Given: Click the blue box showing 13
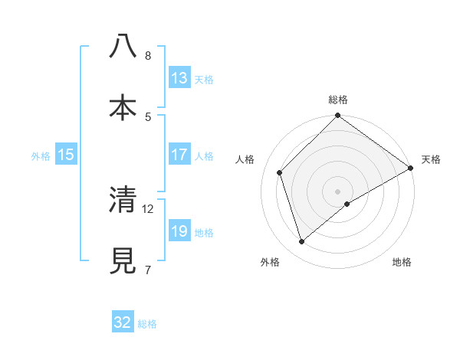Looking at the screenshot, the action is [179, 77].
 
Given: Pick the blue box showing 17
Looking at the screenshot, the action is [179, 155].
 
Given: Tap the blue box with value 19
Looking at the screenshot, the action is [179, 231].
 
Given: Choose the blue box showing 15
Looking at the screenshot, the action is [66, 155].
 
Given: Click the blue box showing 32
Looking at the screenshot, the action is [123, 322].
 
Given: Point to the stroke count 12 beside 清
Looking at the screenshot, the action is [148, 208].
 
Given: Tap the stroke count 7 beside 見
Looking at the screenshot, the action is [147, 270].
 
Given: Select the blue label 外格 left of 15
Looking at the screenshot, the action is [41, 155].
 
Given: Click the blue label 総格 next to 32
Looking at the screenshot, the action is [147, 324].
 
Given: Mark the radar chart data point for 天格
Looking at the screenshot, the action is [410, 169].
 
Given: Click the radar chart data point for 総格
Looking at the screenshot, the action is [337, 116].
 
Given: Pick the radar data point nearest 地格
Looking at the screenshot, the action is [347, 204].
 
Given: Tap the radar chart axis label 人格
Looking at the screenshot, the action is [245, 159].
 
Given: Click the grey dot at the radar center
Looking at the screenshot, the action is [337, 191].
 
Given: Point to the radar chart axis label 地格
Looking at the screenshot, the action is [402, 263].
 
